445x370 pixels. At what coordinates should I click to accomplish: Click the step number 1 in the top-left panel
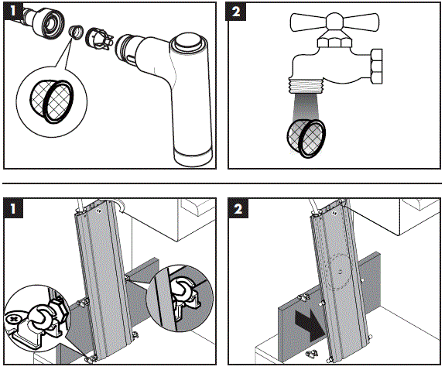12,11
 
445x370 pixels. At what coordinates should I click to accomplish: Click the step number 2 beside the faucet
235,12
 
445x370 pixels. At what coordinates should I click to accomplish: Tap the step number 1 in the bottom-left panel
13,209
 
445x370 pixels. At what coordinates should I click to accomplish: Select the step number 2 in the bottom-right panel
238,209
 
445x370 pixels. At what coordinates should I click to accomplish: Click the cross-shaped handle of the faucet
334,22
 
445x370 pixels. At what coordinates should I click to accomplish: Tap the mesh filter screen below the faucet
306,138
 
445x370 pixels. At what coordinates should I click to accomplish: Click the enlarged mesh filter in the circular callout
51,101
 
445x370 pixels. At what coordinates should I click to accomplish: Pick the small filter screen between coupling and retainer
76,32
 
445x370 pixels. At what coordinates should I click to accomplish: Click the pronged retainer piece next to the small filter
98,39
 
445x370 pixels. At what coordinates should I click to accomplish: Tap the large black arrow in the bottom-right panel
310,324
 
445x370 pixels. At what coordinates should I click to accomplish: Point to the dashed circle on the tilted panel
340,270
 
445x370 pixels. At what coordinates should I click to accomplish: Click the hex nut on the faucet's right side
376,66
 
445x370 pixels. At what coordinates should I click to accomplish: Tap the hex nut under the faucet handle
334,42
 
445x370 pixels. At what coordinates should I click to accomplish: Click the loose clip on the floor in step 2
312,354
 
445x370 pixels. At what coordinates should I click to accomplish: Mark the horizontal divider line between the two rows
222,183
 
